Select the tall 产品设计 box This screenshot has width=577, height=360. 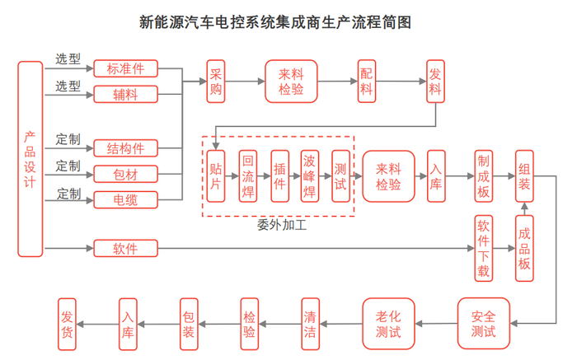pos(30,158)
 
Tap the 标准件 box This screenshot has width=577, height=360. pos(125,68)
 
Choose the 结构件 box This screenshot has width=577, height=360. pos(125,148)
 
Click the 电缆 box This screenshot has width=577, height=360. pos(125,199)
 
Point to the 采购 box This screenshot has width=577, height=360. pos(216,81)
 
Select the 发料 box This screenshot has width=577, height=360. pos(435,81)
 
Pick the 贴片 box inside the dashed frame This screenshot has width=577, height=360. pos(216,175)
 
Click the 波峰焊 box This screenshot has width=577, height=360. pos(309,175)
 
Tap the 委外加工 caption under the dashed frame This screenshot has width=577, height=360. pos(282,225)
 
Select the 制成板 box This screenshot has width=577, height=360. pos(483,175)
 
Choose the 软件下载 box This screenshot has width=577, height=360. pos(483,248)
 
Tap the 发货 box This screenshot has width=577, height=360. pos(68,323)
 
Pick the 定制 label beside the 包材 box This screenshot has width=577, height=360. pos(68,167)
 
